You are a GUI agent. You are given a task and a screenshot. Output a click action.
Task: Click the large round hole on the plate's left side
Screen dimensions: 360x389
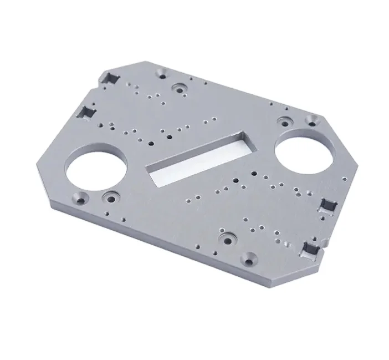(x=95, y=169)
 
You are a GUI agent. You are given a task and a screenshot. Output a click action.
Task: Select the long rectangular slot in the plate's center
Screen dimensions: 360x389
(x=197, y=158)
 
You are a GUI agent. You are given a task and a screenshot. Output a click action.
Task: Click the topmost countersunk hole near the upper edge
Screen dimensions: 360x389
(x=163, y=73)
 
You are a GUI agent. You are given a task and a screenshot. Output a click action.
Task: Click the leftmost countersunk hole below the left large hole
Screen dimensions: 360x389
(x=83, y=198)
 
